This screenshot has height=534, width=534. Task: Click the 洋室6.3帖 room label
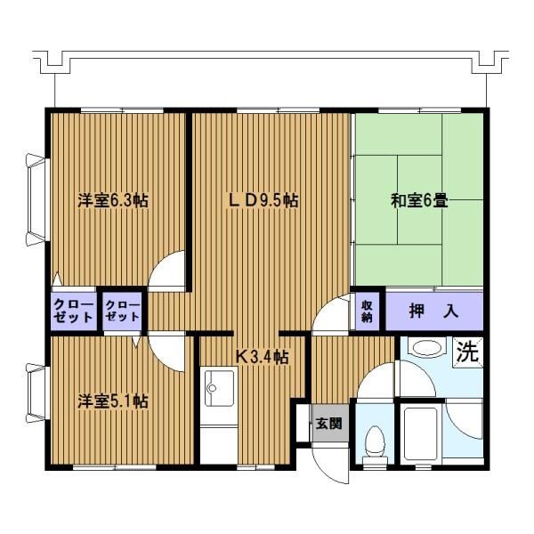coord(113,200)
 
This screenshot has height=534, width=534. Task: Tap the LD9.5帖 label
coord(263,200)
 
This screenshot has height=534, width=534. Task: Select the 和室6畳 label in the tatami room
coord(419,200)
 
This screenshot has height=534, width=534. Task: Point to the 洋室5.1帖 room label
coord(113,401)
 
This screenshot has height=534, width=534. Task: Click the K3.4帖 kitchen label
coord(263,357)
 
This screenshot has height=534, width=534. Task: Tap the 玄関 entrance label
coord(328,424)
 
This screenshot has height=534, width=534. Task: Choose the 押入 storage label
coord(433,311)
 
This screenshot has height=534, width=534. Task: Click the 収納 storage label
coord(367,311)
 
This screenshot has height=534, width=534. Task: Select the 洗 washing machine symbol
coord(467,352)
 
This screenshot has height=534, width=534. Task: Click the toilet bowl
coord(375,442)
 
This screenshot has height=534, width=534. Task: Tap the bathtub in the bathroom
coord(420,434)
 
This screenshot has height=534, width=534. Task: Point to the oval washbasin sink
coord(426,348)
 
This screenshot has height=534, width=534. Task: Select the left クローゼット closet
coord(74,311)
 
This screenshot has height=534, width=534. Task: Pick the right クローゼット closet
coord(122,311)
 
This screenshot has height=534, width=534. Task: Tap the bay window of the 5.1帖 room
coord(36,392)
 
